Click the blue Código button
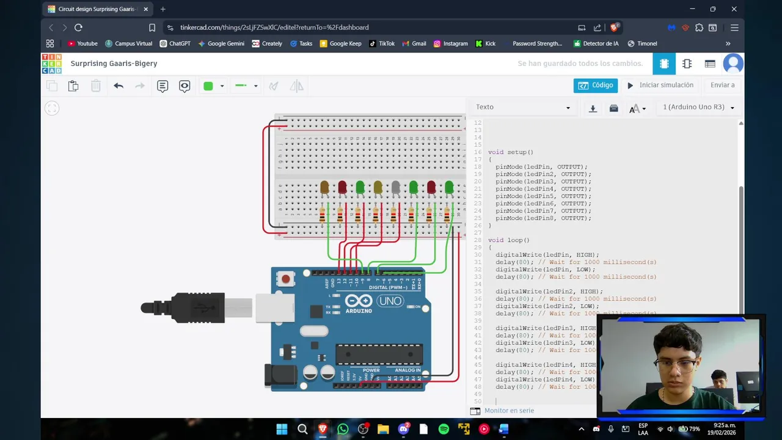point(595,86)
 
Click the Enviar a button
point(722,86)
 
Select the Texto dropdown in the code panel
point(523,108)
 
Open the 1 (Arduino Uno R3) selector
point(698,108)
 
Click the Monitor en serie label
point(509,411)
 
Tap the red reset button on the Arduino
point(285,280)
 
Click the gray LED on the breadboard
point(396,186)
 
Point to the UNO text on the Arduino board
point(390,301)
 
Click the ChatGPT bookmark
point(175,43)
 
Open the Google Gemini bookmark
point(221,43)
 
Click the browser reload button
point(78,28)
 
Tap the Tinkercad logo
point(51,64)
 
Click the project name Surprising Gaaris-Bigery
point(114,64)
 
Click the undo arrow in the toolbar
point(119,86)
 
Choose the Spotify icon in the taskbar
point(444,429)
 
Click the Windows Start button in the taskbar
point(282,429)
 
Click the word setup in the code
point(516,152)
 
